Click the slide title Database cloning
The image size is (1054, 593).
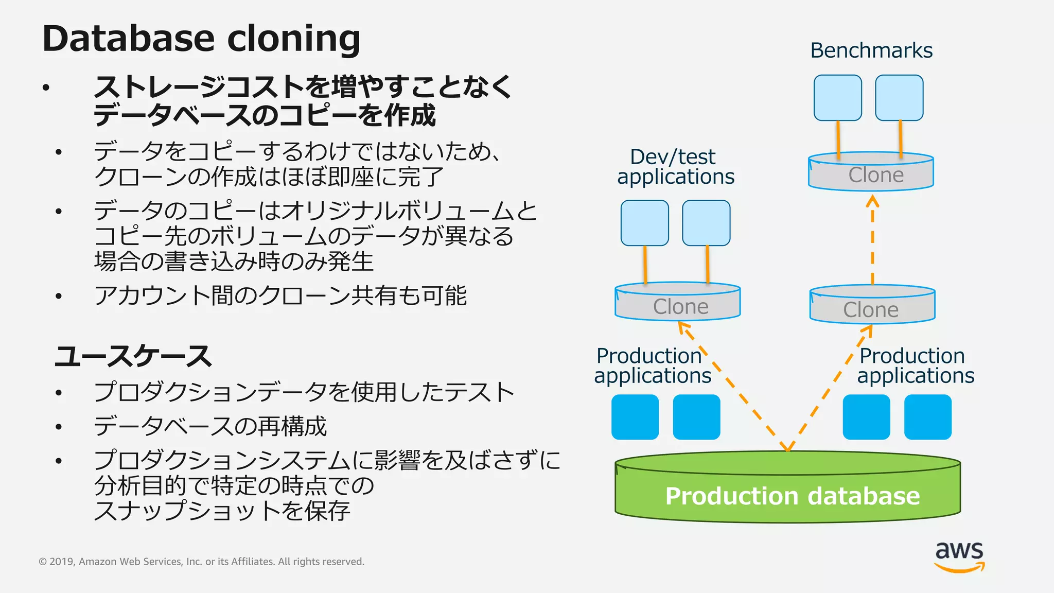[201, 39]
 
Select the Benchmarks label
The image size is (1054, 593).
[871, 50]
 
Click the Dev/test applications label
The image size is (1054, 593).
[675, 167]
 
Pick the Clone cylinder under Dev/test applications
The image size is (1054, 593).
[677, 303]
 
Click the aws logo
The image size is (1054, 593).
[959, 556]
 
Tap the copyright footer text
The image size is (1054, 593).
[201, 562]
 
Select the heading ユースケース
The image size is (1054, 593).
[133, 356]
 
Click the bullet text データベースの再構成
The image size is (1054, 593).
[210, 426]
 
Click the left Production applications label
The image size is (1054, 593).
[652, 365]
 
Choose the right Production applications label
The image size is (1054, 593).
[916, 365]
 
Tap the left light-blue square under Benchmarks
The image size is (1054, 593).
[837, 98]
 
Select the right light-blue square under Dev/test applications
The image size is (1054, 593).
[706, 223]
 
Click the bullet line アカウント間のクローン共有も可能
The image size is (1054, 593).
[280, 295]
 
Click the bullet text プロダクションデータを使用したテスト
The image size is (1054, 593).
[304, 392]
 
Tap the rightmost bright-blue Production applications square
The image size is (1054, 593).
[927, 417]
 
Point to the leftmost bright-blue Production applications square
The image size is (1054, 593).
[635, 417]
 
